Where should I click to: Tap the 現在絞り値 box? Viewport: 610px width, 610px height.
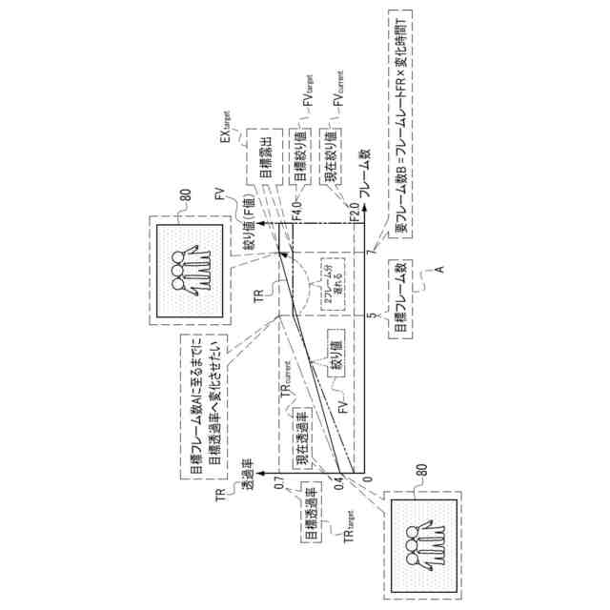point(337,155)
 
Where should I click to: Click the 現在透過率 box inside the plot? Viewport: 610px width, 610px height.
point(300,439)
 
